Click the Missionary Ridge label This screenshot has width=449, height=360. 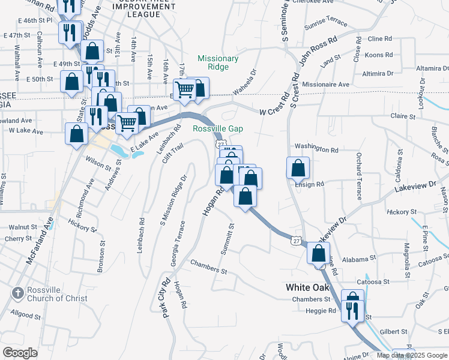pos(218,63)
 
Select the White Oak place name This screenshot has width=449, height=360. pos(307,287)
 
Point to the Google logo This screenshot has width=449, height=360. pos(20,353)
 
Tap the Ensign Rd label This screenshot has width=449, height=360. pos(309,184)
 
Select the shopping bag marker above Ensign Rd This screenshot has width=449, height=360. pos(298,169)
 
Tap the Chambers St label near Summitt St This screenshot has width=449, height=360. pos(209,267)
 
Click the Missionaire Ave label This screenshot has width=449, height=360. pos(325,85)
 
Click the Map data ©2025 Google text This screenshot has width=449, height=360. pos(412,355)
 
